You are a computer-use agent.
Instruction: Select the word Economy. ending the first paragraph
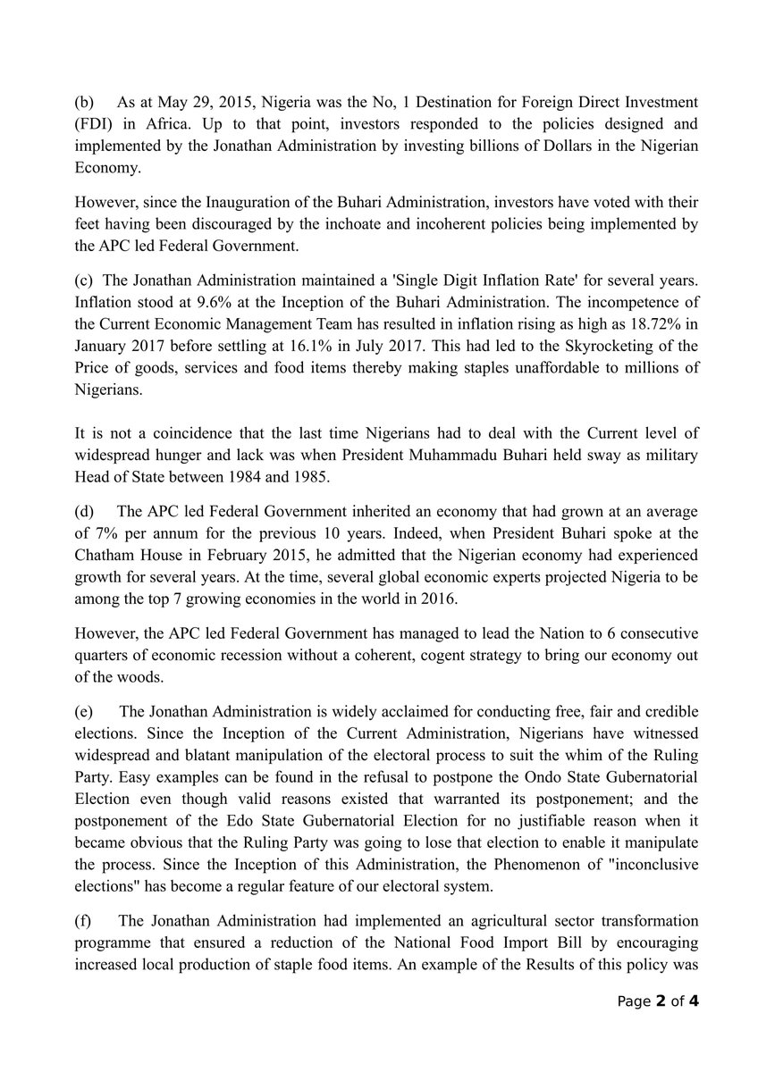[x=104, y=166]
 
